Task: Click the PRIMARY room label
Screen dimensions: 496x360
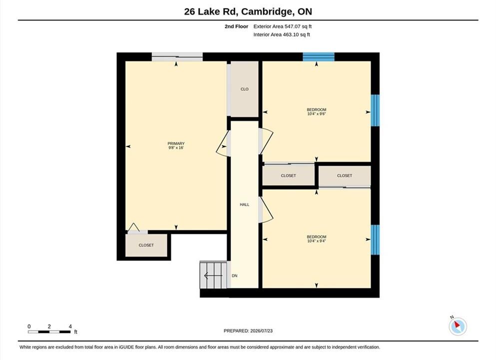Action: [176, 143]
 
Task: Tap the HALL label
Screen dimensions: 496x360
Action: [245, 204]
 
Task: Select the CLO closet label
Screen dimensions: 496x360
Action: [245, 89]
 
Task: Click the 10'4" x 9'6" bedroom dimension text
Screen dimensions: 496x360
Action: [316, 114]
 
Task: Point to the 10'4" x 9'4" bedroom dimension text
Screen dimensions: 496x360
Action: [316, 241]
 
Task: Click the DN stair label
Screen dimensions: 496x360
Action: [234, 276]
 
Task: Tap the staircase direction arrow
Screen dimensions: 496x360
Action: [213, 276]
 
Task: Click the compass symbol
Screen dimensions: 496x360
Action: [458, 326]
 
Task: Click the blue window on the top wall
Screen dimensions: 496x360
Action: [319, 57]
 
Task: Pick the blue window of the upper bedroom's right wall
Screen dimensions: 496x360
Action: [375, 110]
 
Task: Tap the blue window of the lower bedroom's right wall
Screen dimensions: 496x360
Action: [375, 239]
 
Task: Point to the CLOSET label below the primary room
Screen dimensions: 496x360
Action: [146, 245]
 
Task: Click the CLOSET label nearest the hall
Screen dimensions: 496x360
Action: [289, 175]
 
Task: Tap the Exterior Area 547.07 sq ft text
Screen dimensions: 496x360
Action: [283, 26]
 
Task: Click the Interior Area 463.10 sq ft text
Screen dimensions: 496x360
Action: [282, 34]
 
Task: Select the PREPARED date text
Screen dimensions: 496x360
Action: [248, 331]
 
